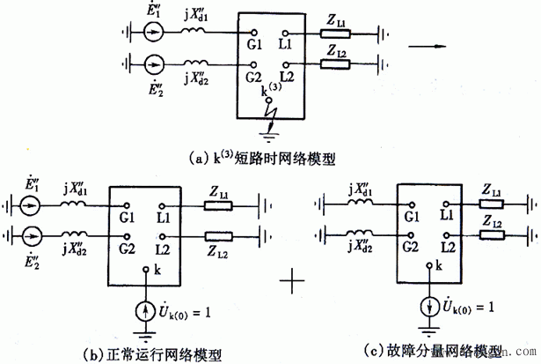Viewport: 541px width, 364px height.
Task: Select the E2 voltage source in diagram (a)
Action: tap(153, 64)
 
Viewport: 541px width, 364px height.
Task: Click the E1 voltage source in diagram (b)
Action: tap(31, 209)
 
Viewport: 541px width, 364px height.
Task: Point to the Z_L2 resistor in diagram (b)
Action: tap(218, 236)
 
